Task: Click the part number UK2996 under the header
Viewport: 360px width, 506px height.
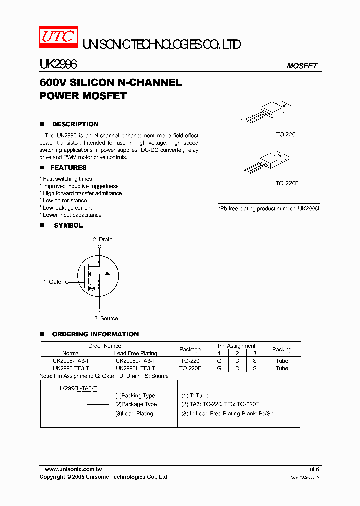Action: pos(58,65)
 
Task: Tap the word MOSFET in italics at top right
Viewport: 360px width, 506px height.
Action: pos(302,66)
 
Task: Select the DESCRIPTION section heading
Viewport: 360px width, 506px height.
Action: pos(75,124)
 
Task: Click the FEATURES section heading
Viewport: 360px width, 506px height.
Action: pos(68,168)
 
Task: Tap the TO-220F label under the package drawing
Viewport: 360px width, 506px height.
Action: pos(287,183)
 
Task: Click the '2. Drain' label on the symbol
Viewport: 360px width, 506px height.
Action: pos(103,239)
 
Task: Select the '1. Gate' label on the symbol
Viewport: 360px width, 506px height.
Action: pos(52,282)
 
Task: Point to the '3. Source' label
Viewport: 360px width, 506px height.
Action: pos(106,318)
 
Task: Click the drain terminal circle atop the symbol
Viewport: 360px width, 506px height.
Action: pos(99,246)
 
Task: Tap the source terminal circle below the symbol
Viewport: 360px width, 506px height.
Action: pos(99,310)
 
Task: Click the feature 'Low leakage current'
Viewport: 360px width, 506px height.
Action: pos(67,208)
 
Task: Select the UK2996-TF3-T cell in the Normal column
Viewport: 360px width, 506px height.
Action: pos(71,368)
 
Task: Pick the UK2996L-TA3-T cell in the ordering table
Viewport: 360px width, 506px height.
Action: pos(135,361)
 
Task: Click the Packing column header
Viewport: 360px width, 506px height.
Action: pos(282,349)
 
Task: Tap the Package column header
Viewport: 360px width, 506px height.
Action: pos(190,349)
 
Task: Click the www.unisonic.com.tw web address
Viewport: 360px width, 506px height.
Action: pos(73,469)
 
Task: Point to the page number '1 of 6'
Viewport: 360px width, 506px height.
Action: pos(312,469)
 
